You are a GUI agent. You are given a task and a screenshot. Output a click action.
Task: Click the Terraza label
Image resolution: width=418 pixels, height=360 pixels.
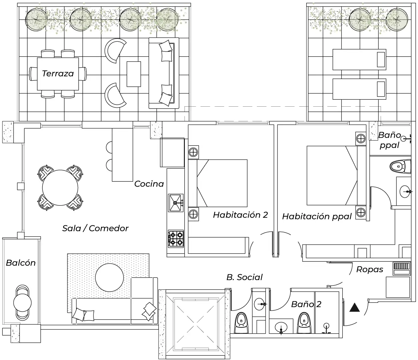(x=58, y=74)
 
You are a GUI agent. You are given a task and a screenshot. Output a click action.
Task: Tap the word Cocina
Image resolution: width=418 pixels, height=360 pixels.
(x=149, y=184)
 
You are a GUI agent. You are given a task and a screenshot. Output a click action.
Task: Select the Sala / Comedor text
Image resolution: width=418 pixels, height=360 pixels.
(x=95, y=228)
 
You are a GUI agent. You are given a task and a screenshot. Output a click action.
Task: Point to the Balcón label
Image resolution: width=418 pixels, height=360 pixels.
(x=21, y=263)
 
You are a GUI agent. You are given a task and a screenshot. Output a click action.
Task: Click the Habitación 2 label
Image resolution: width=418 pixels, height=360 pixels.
(x=240, y=215)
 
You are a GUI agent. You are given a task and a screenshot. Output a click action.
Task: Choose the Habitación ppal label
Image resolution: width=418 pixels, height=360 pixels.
(x=317, y=216)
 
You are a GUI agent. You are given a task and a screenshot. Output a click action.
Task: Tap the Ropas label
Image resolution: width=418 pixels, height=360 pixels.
(x=370, y=269)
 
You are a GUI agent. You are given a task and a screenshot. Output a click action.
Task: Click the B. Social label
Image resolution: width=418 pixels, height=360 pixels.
(x=244, y=277)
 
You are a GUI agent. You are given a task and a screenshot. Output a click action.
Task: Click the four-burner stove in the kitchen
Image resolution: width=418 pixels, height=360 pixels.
(x=176, y=239)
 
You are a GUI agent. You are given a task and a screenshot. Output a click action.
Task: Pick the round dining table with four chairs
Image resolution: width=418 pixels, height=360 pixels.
(x=60, y=188)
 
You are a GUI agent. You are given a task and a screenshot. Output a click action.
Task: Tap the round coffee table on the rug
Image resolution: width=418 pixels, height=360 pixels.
(x=109, y=277)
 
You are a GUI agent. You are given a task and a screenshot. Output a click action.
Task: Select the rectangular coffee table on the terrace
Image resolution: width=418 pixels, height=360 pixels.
(x=134, y=74)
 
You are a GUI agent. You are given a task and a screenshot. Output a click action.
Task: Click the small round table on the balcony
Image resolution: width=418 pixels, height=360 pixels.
(x=22, y=302)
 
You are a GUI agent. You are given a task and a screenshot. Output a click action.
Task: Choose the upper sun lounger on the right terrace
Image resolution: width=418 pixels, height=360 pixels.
(x=359, y=59)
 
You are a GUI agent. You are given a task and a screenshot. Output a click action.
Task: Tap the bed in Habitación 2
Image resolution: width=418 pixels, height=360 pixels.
(x=222, y=183)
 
